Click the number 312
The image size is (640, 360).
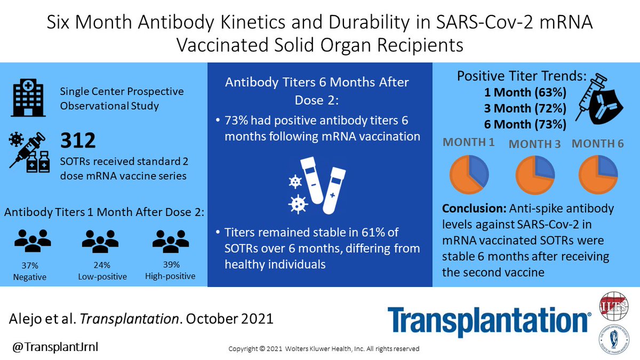pos(78,140)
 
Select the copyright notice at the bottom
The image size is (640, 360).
pos(324,349)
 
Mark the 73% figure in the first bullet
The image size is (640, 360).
pos(235,121)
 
